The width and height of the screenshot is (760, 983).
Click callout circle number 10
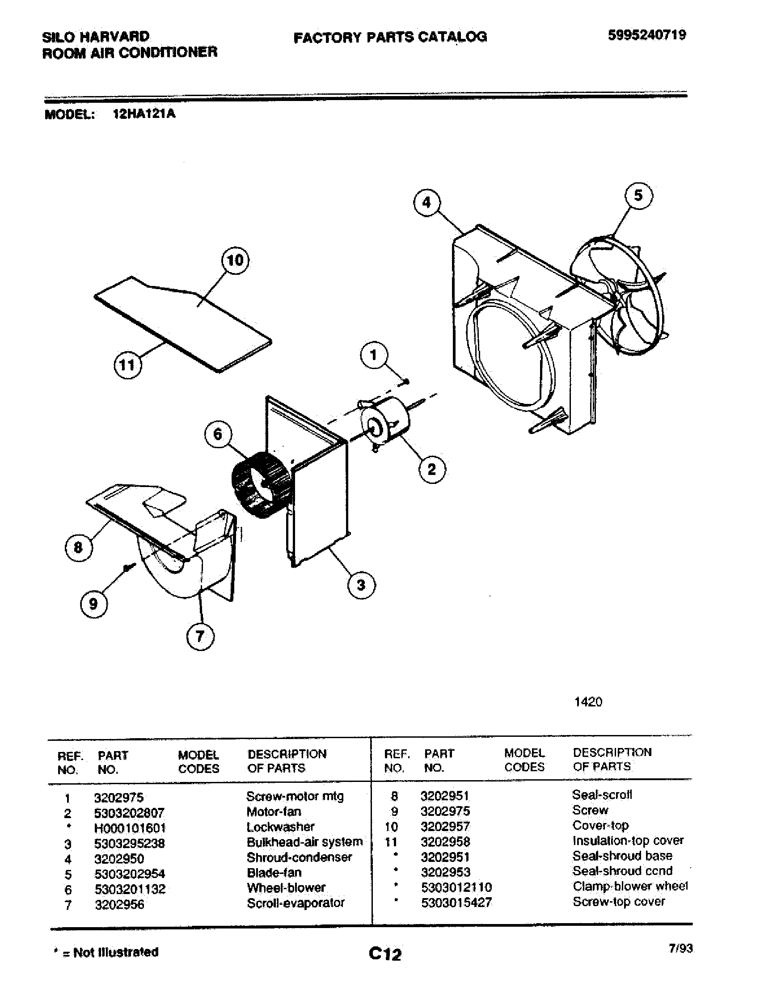click(x=235, y=260)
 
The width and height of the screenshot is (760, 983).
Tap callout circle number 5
click(x=638, y=196)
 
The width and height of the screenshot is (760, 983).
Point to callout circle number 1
click(x=374, y=356)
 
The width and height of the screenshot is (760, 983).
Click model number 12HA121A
click(x=144, y=114)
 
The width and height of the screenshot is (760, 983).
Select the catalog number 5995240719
click(x=646, y=35)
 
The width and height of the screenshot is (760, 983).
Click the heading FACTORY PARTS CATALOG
click(x=390, y=38)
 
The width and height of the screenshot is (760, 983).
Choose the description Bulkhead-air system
click(x=304, y=842)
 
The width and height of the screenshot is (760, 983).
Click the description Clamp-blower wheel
click(x=630, y=886)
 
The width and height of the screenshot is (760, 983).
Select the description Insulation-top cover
click(x=628, y=841)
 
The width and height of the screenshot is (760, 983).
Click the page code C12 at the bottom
click(x=384, y=954)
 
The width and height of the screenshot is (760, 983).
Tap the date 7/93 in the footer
click(x=680, y=948)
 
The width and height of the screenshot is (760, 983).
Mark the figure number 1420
click(x=588, y=702)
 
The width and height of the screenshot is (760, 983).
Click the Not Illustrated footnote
click(x=106, y=952)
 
